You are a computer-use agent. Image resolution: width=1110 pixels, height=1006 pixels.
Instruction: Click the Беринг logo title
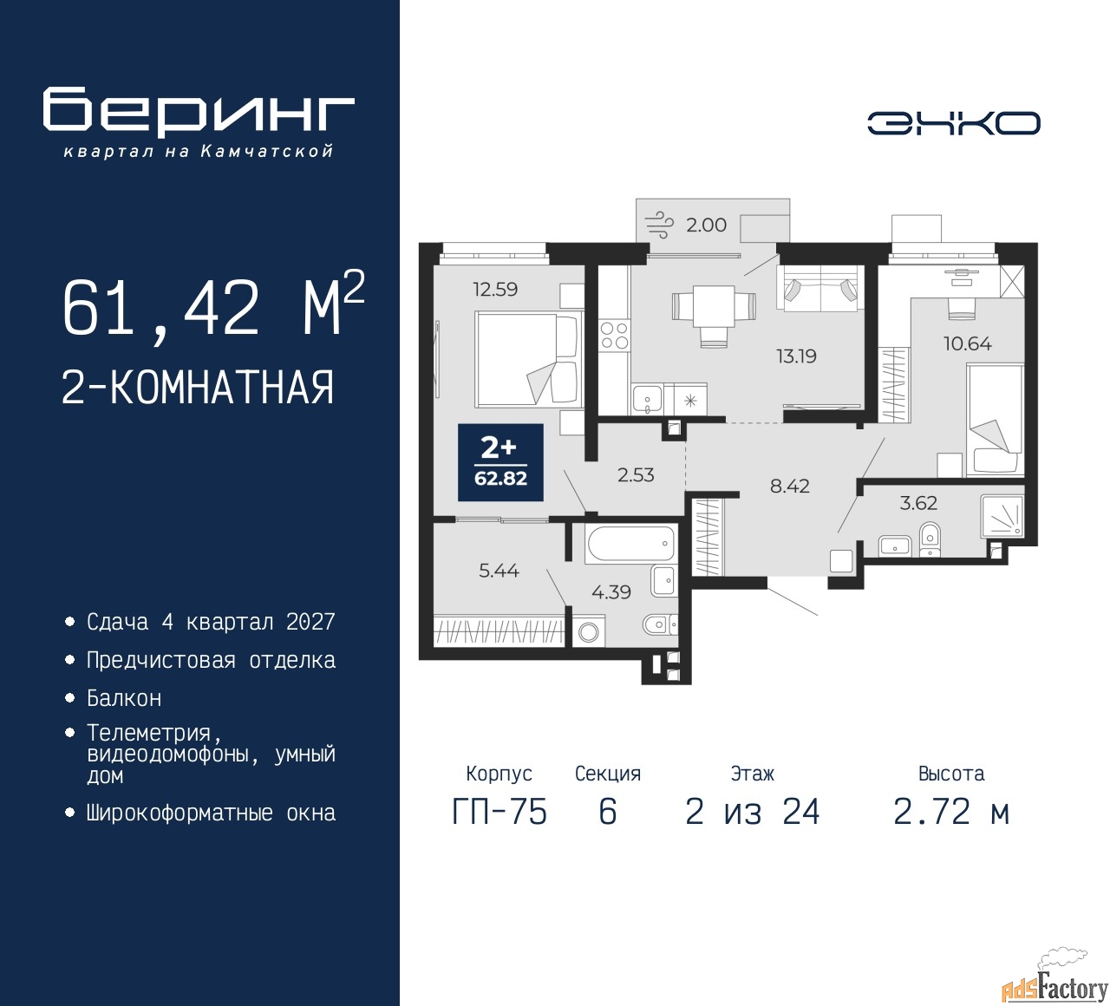coord(198,111)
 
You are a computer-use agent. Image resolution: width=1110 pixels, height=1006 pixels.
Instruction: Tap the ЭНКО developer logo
coord(953,123)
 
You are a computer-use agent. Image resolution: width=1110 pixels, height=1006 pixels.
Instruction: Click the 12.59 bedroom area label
coord(495,289)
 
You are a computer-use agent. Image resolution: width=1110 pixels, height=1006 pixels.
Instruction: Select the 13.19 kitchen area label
coord(796,356)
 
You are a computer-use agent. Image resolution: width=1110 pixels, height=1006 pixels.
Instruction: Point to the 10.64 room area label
coord(968,343)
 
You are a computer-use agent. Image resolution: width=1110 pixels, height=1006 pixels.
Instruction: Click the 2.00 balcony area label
coord(706,225)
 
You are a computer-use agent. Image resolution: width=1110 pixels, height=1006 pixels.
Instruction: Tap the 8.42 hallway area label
coord(790,486)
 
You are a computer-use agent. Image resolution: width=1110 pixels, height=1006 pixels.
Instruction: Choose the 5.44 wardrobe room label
coord(499,570)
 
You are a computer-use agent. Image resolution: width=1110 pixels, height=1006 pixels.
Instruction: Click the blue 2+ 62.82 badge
coord(500,462)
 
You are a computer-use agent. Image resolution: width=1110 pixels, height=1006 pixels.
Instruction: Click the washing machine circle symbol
coord(588,631)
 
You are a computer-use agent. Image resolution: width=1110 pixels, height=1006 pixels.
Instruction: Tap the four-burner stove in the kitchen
coord(614,336)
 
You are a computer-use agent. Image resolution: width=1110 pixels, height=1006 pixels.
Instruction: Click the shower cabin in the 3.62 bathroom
coord(1002,516)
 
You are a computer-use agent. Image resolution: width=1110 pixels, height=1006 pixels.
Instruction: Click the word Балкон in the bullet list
coord(124,699)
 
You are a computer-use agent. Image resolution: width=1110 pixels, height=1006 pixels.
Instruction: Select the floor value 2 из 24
coord(752,813)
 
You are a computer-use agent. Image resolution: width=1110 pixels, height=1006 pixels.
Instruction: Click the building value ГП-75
coord(499,813)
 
